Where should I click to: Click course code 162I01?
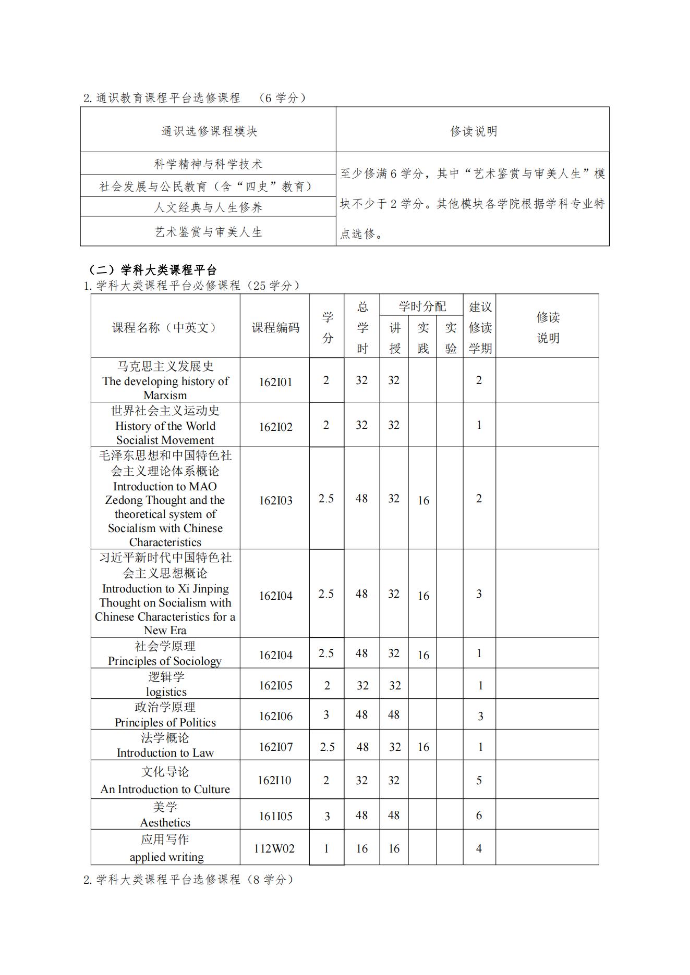tap(275, 382)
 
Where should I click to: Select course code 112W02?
tap(274, 848)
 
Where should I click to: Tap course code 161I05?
tap(275, 816)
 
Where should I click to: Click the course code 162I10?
tap(274, 780)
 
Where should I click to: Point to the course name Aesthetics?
tap(165, 822)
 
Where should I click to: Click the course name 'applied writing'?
tap(166, 857)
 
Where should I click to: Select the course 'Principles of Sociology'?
tap(165, 661)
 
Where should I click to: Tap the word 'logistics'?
tap(166, 692)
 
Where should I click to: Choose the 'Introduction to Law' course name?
tap(165, 752)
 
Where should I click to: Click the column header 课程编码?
tap(275, 327)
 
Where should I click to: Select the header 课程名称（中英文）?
tap(165, 327)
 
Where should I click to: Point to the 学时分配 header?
tap(422, 306)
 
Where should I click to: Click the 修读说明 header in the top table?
tap(473, 131)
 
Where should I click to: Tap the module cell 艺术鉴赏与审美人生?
tap(208, 232)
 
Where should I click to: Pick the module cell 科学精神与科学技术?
tap(208, 164)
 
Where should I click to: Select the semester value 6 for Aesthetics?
tap(479, 815)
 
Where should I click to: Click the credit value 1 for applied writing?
tap(326, 848)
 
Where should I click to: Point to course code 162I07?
tap(275, 747)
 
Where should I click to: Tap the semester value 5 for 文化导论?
tap(479, 780)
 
